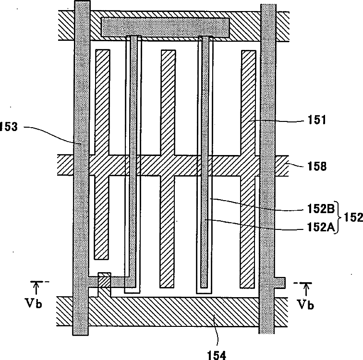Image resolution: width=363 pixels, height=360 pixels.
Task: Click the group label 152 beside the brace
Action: [x=354, y=217]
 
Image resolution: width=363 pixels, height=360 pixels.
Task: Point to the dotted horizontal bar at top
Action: [x=166, y=27]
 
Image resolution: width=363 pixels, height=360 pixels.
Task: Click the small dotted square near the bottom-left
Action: [x=104, y=279]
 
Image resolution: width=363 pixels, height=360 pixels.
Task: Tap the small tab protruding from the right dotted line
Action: [x=280, y=281]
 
